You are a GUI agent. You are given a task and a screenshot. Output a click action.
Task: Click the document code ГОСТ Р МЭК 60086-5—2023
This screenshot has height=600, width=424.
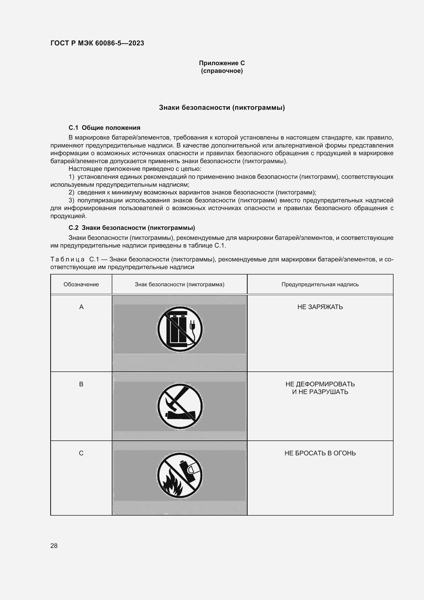(x=97, y=43)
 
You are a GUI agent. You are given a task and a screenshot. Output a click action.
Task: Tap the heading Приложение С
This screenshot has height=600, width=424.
(x=222, y=63)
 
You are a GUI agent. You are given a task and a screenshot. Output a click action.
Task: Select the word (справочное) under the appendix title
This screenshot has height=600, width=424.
(x=222, y=71)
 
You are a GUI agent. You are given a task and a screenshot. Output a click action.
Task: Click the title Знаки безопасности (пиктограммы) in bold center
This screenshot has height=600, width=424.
(x=222, y=107)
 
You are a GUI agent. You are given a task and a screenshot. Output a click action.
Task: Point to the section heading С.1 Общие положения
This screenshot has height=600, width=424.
(x=104, y=128)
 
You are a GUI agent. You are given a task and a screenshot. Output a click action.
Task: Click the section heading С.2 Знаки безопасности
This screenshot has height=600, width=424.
(x=132, y=228)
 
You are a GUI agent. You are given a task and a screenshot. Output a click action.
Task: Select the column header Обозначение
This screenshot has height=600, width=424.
(x=81, y=284)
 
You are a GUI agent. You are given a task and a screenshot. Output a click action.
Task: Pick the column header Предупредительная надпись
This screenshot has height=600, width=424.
(x=320, y=284)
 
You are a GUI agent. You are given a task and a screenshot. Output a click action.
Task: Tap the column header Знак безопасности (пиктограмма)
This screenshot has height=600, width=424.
(x=179, y=284)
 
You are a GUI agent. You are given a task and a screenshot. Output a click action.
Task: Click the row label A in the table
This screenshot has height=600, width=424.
(x=81, y=307)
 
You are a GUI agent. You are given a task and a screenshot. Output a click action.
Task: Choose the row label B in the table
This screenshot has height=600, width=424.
(x=81, y=384)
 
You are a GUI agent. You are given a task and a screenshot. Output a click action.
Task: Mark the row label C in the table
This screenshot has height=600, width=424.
(x=81, y=453)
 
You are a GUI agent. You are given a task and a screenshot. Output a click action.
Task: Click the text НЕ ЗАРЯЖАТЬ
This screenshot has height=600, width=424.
(x=320, y=307)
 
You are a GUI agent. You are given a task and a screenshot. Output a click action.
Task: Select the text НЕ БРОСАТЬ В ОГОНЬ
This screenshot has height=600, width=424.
(x=320, y=453)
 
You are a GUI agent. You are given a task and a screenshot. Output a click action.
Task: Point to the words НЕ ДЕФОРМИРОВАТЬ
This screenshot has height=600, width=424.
(x=320, y=384)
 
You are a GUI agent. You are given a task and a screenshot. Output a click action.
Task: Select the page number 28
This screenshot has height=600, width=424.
(x=54, y=546)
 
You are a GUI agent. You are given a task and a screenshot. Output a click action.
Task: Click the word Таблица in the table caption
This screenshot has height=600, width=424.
(x=67, y=260)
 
